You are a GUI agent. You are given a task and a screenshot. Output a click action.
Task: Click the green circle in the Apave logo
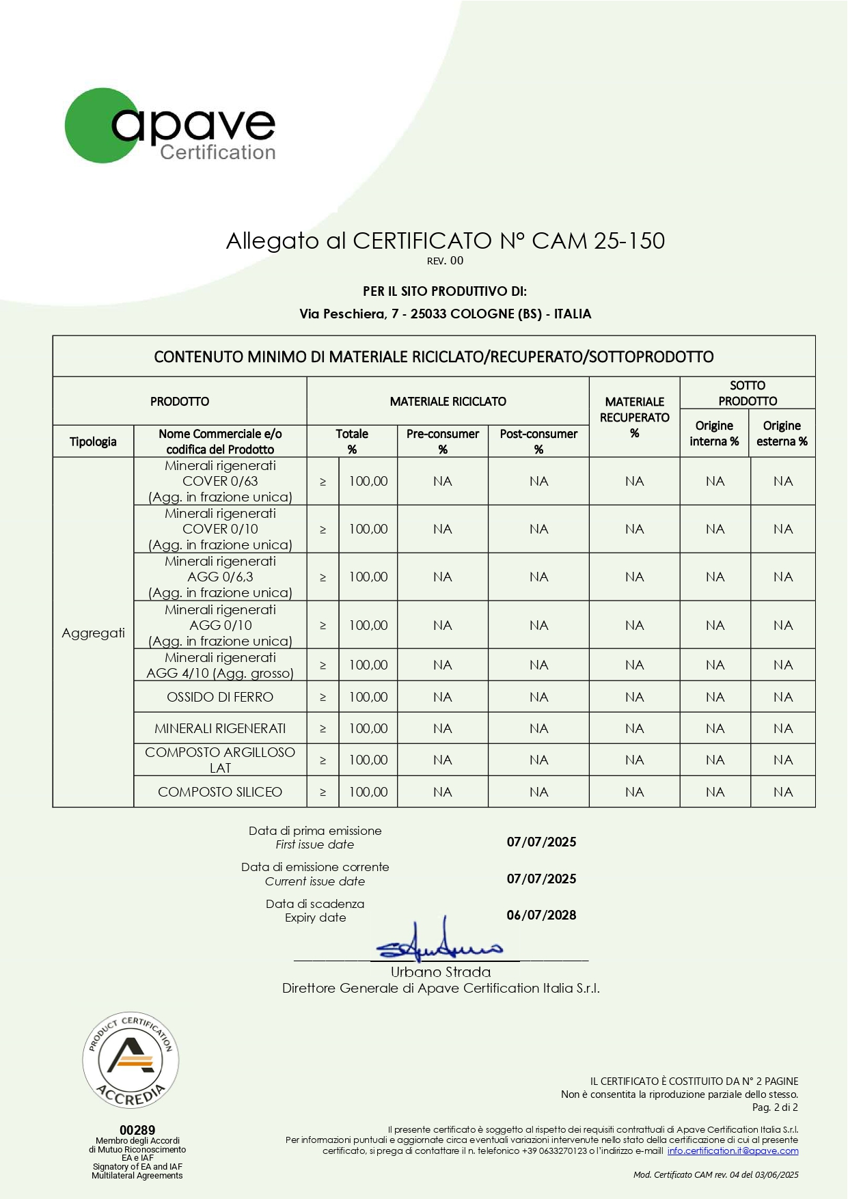pyautogui.click(x=96, y=126)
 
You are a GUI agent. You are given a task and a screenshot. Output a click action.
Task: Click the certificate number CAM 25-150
pyautogui.click(x=598, y=240)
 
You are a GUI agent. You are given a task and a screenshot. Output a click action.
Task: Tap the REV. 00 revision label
pyautogui.click(x=445, y=261)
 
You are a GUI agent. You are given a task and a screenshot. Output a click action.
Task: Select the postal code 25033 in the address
pyautogui.click(x=428, y=314)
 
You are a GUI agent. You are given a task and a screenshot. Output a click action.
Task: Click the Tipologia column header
pyautogui.click(x=93, y=441)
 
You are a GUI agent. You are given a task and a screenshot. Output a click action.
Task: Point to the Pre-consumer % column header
pyautogui.click(x=443, y=441)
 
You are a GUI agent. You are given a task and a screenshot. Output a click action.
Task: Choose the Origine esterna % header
pyautogui.click(x=782, y=434)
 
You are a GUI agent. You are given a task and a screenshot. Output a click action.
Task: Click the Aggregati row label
pyautogui.click(x=93, y=633)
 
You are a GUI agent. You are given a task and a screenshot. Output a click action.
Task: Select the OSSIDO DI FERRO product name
pyautogui.click(x=220, y=697)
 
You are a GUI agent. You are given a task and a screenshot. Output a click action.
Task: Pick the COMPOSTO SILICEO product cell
pyautogui.click(x=220, y=792)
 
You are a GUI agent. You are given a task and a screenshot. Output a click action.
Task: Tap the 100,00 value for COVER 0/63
pyautogui.click(x=368, y=481)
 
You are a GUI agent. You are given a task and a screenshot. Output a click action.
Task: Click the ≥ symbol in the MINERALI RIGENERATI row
pyautogui.click(x=323, y=729)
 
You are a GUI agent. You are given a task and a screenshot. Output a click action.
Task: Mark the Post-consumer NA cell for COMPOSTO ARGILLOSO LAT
pyautogui.click(x=538, y=760)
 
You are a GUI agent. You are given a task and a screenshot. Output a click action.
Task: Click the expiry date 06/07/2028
pyautogui.click(x=541, y=915)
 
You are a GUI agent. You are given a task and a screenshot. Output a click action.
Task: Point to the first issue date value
pyautogui.click(x=541, y=842)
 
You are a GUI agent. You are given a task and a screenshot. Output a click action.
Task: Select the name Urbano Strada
pyautogui.click(x=441, y=972)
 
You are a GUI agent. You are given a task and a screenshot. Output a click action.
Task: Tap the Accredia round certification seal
pyautogui.click(x=131, y=1060)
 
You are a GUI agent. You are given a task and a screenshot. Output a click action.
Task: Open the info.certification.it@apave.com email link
pyautogui.click(x=733, y=1151)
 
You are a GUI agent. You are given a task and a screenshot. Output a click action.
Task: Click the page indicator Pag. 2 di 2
pyautogui.click(x=775, y=1107)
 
